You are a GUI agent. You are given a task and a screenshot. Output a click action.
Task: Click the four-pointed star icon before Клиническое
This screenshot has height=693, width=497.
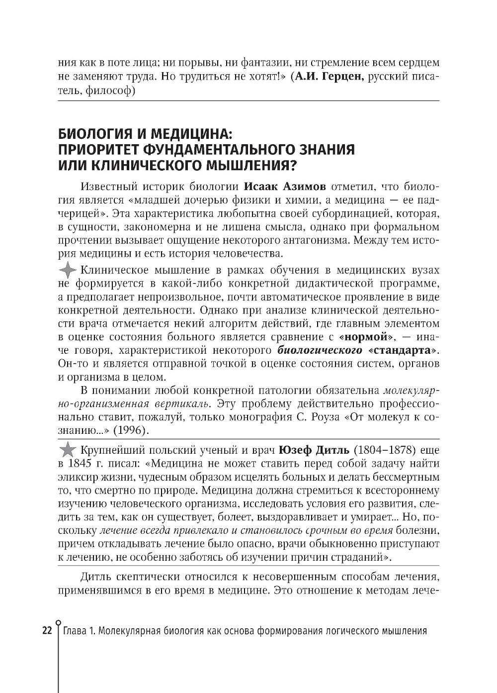[67, 271]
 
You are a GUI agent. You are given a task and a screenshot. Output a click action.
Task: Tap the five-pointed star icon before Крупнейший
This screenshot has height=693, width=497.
[67, 451]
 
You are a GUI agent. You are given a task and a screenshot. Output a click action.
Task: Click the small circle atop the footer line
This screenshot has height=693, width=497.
[59, 621]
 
